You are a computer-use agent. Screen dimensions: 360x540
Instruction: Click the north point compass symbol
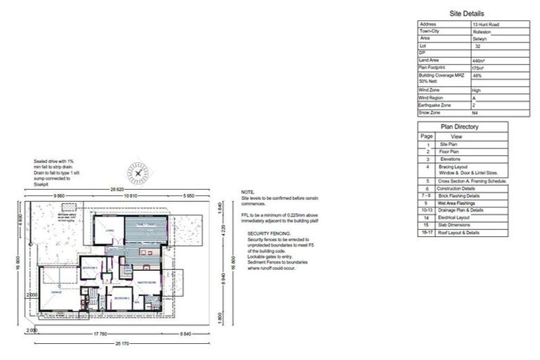(x=139, y=172)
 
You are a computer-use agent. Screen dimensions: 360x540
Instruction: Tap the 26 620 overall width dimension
(x=116, y=190)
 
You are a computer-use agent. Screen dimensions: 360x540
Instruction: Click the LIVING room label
(x=110, y=230)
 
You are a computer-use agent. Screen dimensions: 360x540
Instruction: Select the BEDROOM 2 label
(x=121, y=298)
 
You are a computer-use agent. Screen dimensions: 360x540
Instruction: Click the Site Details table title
(x=466, y=13)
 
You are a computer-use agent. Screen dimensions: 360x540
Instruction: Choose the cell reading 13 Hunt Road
(x=486, y=24)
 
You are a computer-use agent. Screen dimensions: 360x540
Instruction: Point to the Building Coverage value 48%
(x=478, y=75)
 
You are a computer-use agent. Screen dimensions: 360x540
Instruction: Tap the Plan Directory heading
(x=459, y=127)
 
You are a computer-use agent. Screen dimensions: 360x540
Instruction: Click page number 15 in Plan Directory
(x=426, y=225)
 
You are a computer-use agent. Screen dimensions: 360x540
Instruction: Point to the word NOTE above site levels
(x=247, y=192)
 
